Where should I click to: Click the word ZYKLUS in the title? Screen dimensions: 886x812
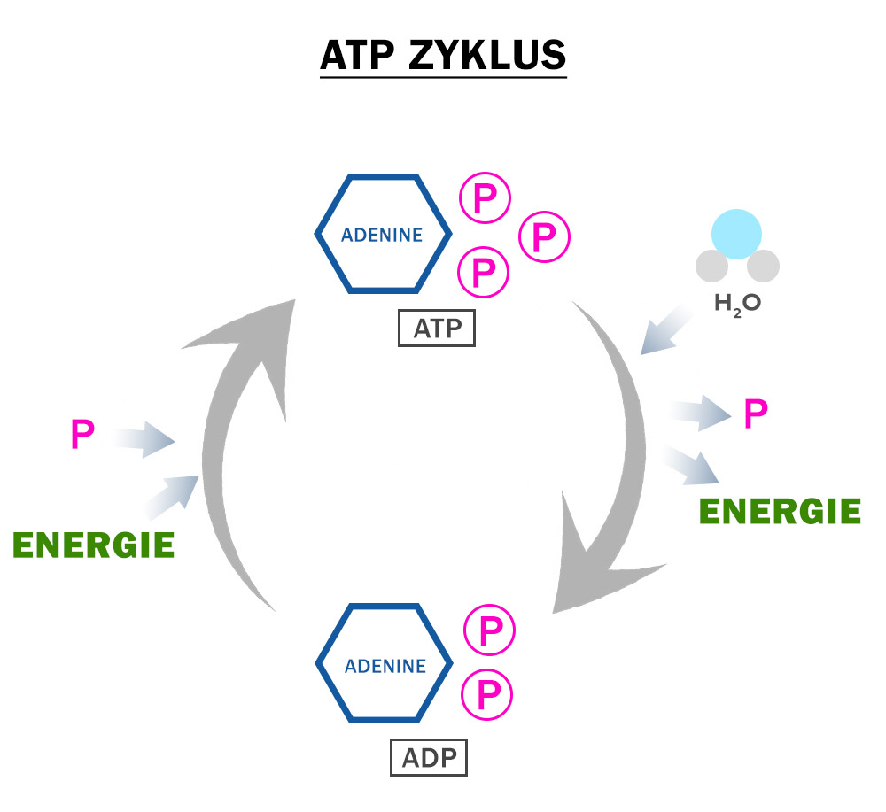pyautogui.click(x=487, y=55)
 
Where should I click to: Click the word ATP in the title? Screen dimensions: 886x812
pyautogui.click(x=357, y=55)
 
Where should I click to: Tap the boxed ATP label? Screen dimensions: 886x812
pyautogui.click(x=437, y=328)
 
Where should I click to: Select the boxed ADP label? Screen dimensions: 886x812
pyautogui.click(x=429, y=758)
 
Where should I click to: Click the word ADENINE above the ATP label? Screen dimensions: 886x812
pyautogui.click(x=382, y=235)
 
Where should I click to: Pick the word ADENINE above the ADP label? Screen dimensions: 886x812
pyautogui.click(x=385, y=666)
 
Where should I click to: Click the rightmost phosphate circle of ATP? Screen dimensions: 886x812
pyautogui.click(x=544, y=237)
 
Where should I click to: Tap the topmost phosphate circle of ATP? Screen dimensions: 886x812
pyautogui.click(x=485, y=197)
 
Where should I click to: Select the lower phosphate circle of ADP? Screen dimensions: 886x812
pyautogui.click(x=487, y=694)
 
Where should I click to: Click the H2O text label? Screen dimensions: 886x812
pyautogui.click(x=738, y=305)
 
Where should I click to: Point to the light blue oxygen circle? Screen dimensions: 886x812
pyautogui.click(x=736, y=234)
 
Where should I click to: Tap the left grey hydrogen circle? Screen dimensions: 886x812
pyautogui.click(x=712, y=266)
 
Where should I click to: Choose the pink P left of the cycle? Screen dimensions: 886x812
pyautogui.click(x=82, y=434)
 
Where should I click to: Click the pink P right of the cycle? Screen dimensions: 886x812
pyautogui.click(x=756, y=414)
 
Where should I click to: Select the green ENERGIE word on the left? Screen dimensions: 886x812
pyautogui.click(x=93, y=545)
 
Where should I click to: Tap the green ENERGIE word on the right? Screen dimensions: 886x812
pyautogui.click(x=780, y=511)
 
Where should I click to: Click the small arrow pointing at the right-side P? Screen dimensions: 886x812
pyautogui.click(x=701, y=413)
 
